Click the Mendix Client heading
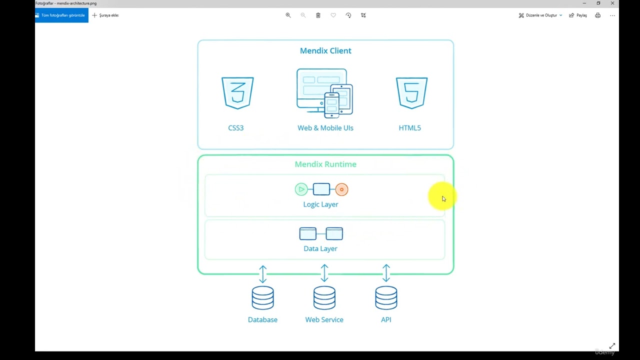tap(325, 50)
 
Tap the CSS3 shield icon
tap(237, 92)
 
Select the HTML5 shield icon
tap(411, 92)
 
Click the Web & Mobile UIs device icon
tap(324, 93)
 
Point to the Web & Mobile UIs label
tap(325, 128)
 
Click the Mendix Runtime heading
tap(325, 164)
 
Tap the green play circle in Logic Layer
tap(301, 189)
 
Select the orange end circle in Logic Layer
tap(341, 189)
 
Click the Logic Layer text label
tap(320, 204)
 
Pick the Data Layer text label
tap(320, 248)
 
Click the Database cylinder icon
tap(262, 297)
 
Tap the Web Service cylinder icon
tap(324, 297)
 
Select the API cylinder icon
tap(386, 297)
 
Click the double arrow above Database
tap(263, 274)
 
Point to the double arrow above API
tap(386, 273)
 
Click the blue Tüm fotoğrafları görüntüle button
tap(61, 15)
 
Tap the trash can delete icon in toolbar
tap(318, 15)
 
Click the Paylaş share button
tap(578, 15)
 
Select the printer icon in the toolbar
tap(597, 15)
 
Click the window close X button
tap(612, 3)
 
